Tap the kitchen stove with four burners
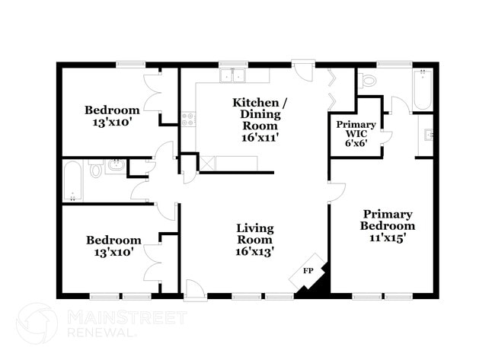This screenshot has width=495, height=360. [189, 119]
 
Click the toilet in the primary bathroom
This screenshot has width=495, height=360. [368, 79]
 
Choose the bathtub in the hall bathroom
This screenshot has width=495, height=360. [73, 180]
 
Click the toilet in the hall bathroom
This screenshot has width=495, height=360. [96, 170]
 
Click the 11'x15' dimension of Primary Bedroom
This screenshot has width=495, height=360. [388, 237]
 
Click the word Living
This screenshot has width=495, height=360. [255, 228]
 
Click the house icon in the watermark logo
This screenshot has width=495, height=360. [37, 323]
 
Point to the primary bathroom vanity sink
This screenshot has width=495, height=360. [429, 135]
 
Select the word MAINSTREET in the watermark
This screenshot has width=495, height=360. [126, 317]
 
